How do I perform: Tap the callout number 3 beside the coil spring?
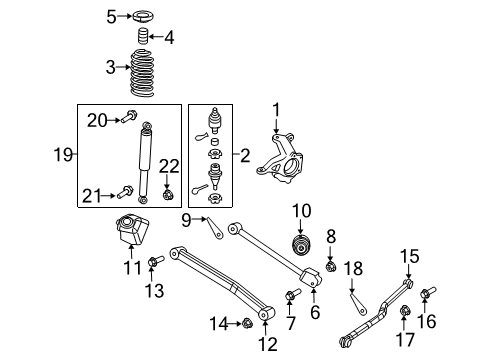click(x=112, y=67)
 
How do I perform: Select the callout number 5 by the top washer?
click(x=112, y=15)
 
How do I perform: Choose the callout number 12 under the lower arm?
click(x=263, y=344)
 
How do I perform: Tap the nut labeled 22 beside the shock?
click(x=167, y=192)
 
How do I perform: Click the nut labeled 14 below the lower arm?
click(x=246, y=322)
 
